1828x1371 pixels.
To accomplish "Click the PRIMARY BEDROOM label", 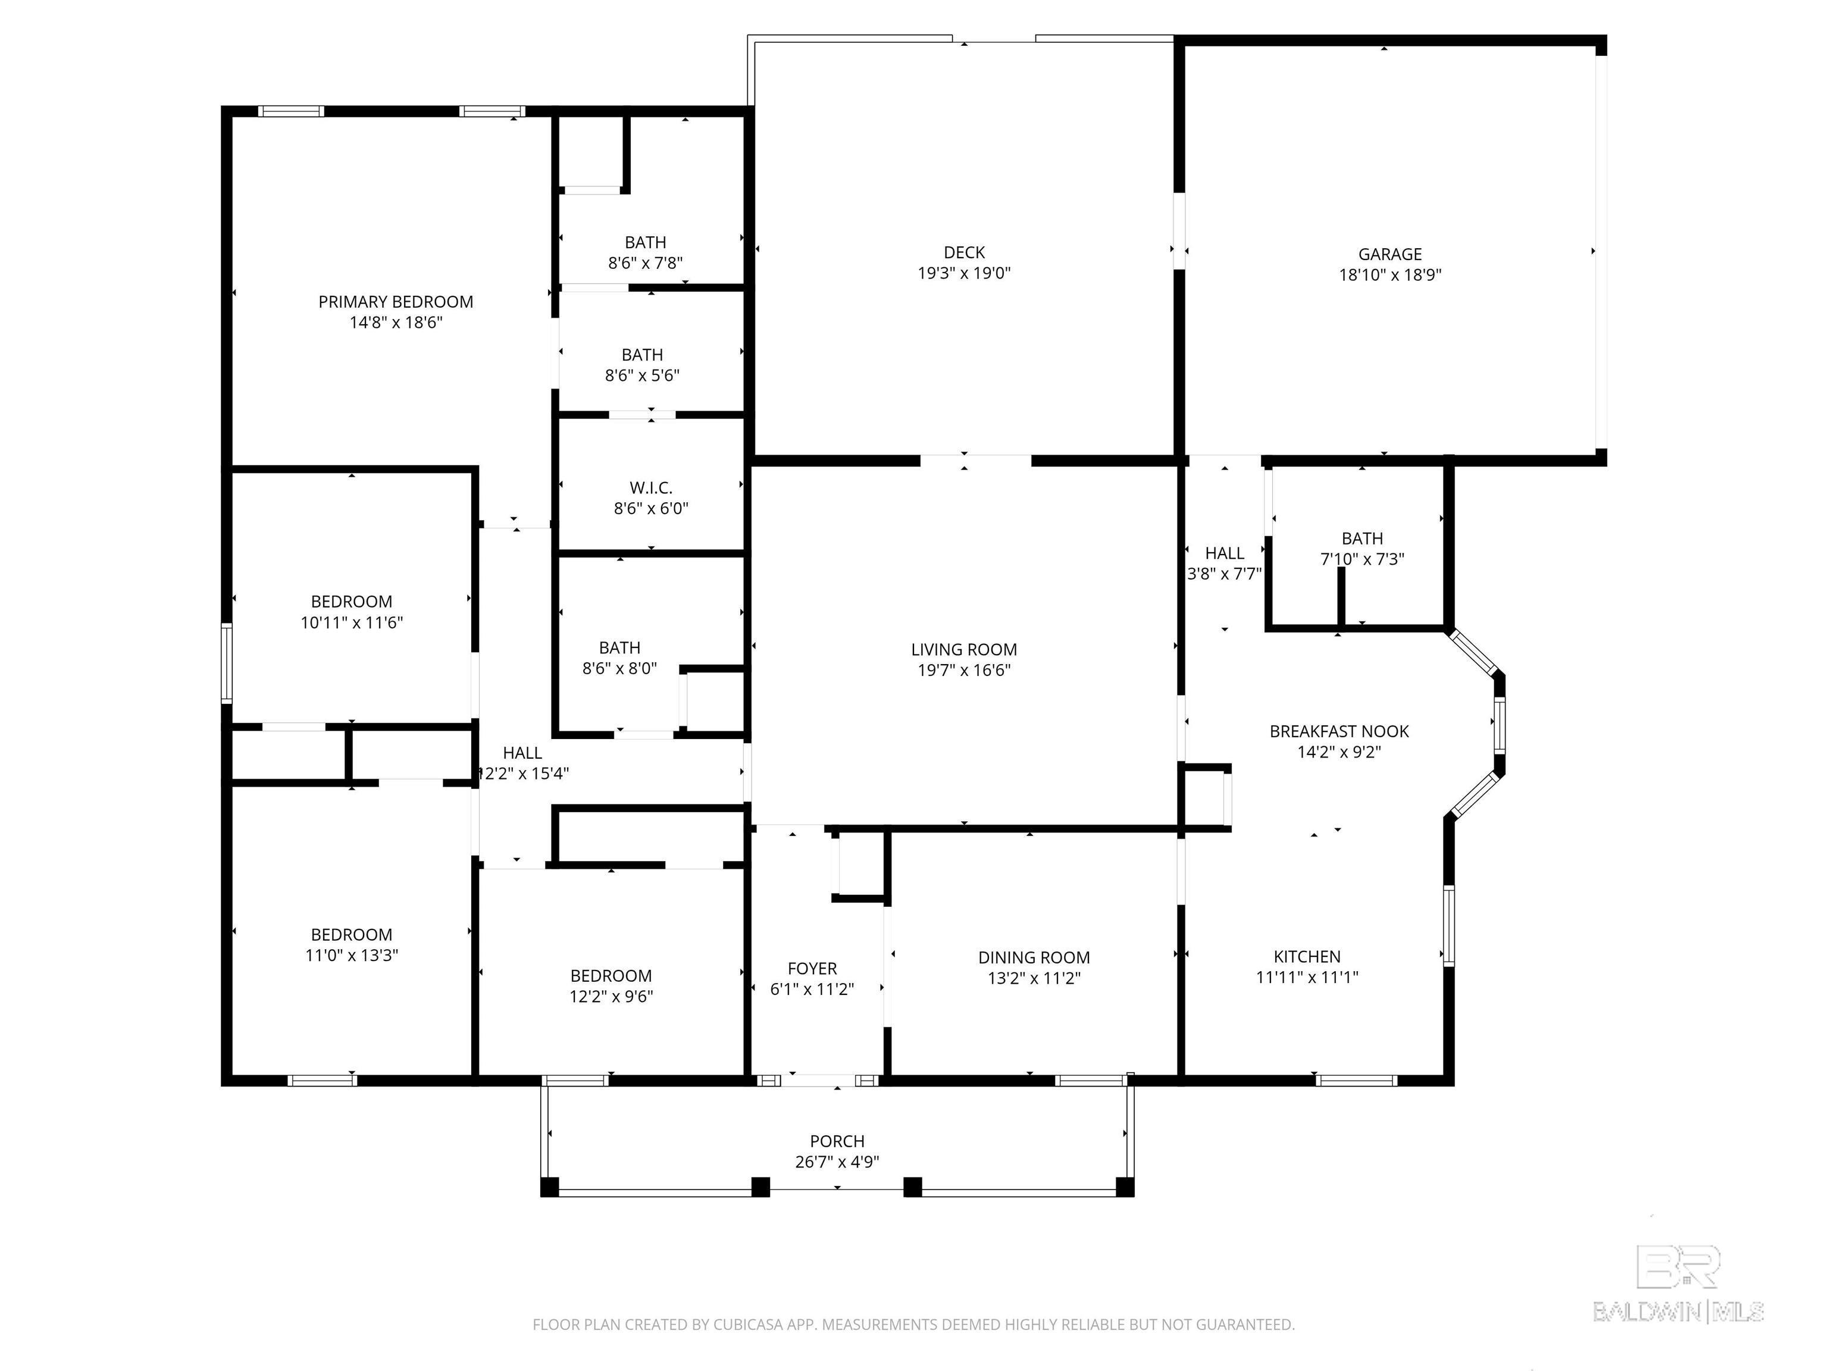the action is [x=396, y=302].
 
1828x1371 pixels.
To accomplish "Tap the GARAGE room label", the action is [x=1390, y=255].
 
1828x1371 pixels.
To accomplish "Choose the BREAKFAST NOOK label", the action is [x=1339, y=731].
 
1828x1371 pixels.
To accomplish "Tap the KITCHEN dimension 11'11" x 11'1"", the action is [x=1307, y=978].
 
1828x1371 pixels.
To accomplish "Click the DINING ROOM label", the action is [x=1034, y=958].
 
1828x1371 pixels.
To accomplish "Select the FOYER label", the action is [x=812, y=969].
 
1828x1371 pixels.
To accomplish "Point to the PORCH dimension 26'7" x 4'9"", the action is [x=837, y=1162].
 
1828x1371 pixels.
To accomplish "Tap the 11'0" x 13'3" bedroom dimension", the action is [x=352, y=955].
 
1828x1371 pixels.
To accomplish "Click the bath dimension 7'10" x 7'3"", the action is [x=1363, y=559].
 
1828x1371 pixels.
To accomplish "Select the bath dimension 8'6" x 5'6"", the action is [x=642, y=376].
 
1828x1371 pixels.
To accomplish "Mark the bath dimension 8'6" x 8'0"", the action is [x=620, y=669].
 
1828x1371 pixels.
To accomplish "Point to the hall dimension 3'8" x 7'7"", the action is [x=1225, y=574].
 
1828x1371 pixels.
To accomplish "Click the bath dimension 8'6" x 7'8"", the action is [x=646, y=264].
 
